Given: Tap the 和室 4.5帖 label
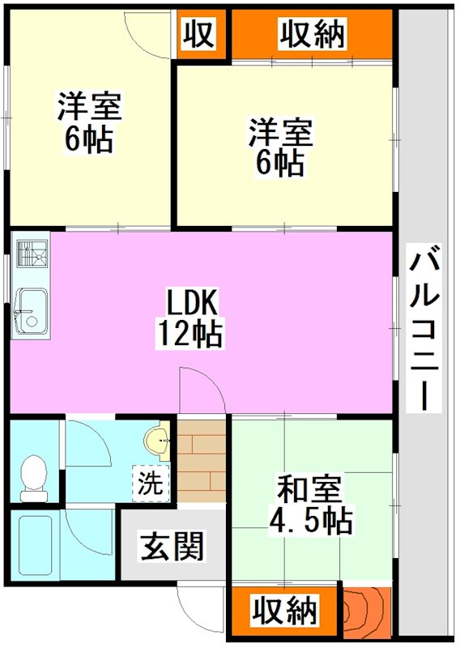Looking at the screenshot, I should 310,505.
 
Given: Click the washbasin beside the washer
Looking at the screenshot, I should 156,442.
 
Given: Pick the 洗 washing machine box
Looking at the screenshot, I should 149,484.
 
